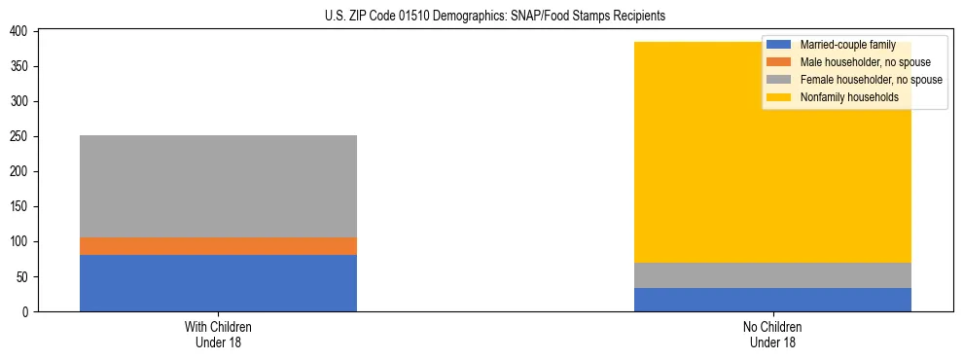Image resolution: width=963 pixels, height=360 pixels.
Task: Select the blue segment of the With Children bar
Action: point(218,283)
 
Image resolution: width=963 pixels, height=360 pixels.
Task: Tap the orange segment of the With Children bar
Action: point(218,246)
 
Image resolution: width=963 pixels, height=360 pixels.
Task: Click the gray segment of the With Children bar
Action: point(218,186)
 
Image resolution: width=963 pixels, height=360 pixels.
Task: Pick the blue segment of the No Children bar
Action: point(772,300)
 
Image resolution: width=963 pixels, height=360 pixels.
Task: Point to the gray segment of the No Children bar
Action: point(772,275)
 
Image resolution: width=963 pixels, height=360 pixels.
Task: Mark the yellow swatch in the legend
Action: point(780,97)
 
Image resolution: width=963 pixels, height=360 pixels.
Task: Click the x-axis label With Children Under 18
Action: point(218,335)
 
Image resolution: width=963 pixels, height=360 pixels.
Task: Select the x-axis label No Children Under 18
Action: point(772,335)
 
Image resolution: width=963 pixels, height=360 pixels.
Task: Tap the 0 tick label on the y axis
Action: point(28,312)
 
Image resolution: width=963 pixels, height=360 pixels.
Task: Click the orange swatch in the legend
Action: point(780,62)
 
